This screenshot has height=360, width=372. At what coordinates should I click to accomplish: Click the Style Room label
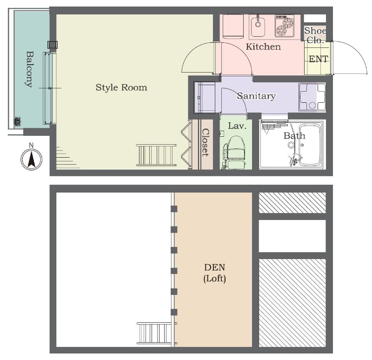tap(121, 87)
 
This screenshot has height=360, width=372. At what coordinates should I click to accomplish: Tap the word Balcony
tap(29, 69)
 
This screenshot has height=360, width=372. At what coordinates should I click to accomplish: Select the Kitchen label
tap(263, 47)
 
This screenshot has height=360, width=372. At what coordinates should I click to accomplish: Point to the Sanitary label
tap(256, 96)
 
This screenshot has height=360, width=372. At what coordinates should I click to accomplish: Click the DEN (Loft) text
tap(215, 273)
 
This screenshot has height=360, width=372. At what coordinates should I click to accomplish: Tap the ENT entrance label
tap(319, 59)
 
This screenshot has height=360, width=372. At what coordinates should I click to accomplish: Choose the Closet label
tap(206, 142)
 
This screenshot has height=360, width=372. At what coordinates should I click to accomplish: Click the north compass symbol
tap(31, 159)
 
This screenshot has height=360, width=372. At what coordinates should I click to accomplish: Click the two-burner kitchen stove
tap(285, 26)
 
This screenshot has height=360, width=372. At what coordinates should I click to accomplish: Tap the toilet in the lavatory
tap(234, 152)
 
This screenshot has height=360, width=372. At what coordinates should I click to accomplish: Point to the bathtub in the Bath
tap(310, 145)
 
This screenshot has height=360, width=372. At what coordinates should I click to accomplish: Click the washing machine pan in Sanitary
tap(312, 97)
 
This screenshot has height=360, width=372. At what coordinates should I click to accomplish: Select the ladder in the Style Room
tap(156, 155)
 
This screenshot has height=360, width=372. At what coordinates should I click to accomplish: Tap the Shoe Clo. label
tap(315, 35)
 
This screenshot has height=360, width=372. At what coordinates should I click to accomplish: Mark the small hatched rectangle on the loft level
tap(292, 203)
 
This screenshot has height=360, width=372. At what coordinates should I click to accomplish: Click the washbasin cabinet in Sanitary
tap(204, 98)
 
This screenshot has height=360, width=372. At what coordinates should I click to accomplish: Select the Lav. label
tap(237, 126)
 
